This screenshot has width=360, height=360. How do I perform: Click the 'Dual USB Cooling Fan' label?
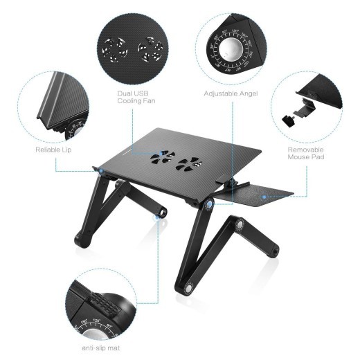point(135,98)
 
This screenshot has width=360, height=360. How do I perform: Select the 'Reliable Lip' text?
point(53,150)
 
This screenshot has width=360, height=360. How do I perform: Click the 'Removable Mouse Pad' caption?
point(306,153)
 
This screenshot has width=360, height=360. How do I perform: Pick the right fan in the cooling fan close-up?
point(150,50)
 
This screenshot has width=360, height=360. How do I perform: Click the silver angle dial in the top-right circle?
point(231,49)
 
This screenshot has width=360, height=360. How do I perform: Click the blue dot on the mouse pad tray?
point(263,196)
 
